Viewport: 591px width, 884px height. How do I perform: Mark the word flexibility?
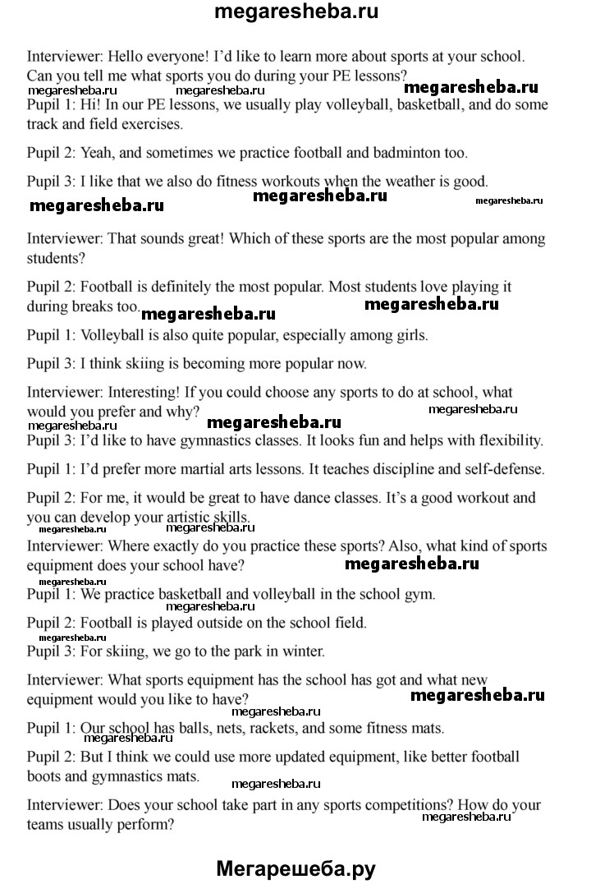coord(507,440)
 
